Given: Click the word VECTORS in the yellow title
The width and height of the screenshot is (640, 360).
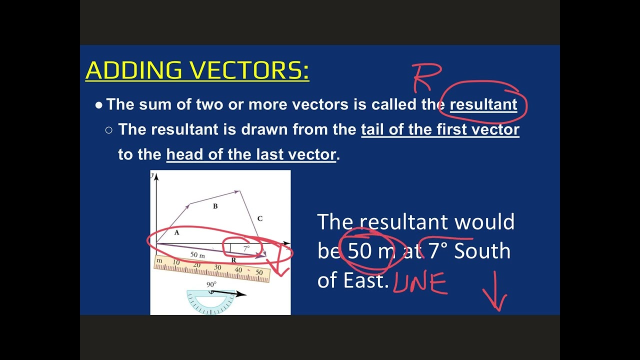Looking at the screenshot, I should (245, 70).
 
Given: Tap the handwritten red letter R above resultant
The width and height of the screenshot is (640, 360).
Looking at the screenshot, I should (426, 77).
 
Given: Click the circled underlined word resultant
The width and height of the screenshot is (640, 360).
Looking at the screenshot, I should (483, 104).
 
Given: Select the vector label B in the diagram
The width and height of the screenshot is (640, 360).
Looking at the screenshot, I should (215, 206).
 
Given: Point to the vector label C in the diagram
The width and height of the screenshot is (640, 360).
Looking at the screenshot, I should (259, 218).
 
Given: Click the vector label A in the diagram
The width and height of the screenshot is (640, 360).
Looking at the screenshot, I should (176, 232).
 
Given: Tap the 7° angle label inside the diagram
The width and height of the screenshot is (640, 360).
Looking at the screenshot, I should (246, 248).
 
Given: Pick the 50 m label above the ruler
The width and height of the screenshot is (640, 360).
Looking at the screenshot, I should (197, 255).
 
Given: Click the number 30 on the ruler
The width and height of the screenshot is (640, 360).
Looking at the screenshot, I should (217, 267).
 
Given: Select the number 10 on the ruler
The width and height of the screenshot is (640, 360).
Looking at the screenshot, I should (176, 262).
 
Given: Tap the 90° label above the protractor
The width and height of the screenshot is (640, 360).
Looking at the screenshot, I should (211, 284).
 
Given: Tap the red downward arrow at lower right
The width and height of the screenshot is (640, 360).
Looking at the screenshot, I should (496, 292).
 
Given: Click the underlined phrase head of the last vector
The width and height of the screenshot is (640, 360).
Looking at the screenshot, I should (251, 154).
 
